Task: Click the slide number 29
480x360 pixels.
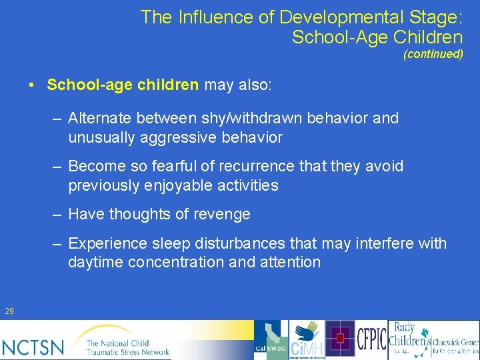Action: point(9,311)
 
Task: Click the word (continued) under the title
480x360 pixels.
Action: point(433,55)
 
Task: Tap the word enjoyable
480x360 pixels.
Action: point(184,185)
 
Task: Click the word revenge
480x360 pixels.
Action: point(223,214)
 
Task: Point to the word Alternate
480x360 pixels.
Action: point(100,119)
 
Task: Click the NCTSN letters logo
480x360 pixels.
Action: point(33,347)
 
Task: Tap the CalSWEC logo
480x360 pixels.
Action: point(271,340)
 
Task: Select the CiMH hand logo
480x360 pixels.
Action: point(307,340)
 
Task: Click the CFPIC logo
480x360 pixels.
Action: point(371,339)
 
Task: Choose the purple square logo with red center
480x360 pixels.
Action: point(340,339)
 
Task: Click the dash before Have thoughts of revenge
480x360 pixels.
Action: point(58,214)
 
